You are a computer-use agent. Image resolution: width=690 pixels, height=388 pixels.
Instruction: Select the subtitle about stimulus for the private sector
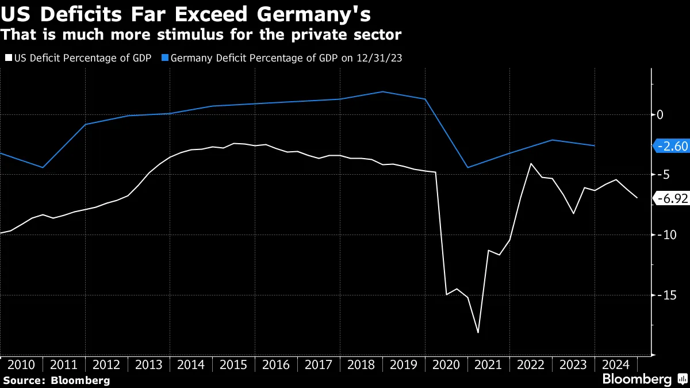(x=201, y=35)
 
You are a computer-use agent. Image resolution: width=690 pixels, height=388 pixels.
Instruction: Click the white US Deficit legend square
(x=9, y=57)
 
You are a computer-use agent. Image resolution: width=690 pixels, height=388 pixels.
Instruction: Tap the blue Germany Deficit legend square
(x=165, y=57)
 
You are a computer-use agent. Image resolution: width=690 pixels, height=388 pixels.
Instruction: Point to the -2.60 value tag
(x=672, y=146)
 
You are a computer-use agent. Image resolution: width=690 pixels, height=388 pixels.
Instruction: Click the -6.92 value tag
(x=672, y=199)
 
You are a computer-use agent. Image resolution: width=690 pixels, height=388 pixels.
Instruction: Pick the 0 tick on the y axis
(x=660, y=115)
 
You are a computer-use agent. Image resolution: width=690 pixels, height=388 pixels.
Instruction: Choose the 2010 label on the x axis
(x=21, y=364)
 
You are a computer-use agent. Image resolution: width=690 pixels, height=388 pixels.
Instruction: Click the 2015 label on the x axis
(x=233, y=364)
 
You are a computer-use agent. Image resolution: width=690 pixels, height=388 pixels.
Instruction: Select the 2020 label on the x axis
(x=446, y=364)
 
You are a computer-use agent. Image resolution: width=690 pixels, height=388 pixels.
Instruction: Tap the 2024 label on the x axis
(x=616, y=364)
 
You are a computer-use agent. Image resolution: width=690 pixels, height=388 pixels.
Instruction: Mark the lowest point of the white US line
(x=478, y=332)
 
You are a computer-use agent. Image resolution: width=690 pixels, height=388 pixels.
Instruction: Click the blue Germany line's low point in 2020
(x=467, y=167)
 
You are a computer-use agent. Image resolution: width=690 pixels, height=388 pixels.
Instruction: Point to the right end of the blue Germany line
(x=595, y=145)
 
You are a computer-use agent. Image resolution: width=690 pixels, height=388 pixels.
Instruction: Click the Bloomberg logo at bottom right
(x=644, y=379)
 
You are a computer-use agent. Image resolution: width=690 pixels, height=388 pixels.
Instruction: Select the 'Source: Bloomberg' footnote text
(x=56, y=380)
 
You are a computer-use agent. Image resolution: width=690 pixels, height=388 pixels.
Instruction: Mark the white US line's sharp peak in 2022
(x=531, y=164)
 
